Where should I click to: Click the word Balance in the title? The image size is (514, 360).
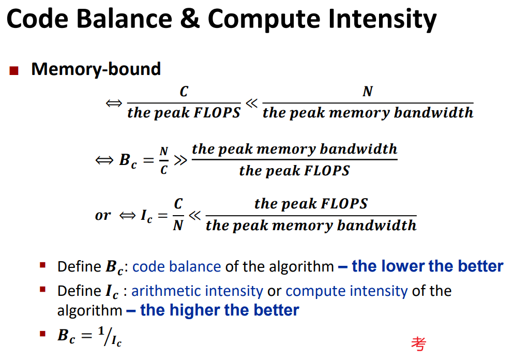pos(124,19)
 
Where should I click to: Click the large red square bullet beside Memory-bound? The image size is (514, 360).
pos(14,70)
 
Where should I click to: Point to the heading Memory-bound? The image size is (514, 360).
pos(96,69)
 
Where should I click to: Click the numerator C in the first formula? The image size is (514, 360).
pos(184,92)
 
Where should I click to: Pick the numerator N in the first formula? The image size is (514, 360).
pos(368,92)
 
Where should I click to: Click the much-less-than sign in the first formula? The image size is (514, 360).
pos(251,103)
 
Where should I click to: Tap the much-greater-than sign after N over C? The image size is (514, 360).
pos(180,160)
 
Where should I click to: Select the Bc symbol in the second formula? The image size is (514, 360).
pos(128,161)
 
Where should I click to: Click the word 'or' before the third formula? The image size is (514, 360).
pos(103,215)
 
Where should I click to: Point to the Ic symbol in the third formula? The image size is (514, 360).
pos(146,216)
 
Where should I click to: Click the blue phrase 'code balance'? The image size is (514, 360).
pos(177,266)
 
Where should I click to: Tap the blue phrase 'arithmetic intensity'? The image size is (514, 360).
pos(197,291)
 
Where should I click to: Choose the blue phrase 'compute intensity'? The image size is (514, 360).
pos(346,291)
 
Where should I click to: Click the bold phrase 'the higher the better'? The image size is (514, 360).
pos(220,310)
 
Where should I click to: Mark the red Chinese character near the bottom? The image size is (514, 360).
pos(419,343)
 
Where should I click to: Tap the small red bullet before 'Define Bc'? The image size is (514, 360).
pos(42,265)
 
